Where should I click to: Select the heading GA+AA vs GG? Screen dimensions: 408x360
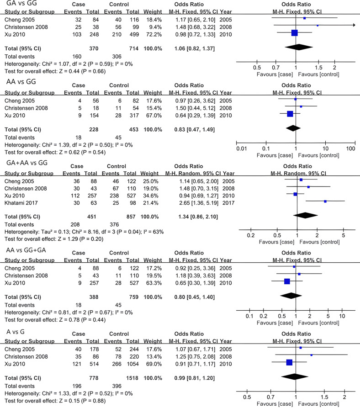click(26, 163)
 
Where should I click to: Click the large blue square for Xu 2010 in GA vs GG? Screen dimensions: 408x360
click(294, 32)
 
